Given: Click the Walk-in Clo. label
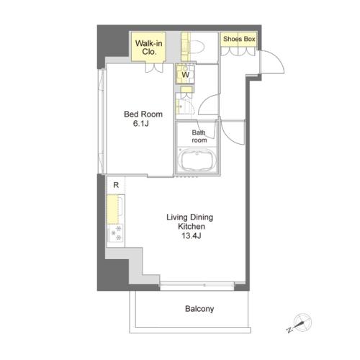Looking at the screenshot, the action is click(149, 48).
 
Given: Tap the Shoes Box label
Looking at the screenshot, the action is click(239, 39).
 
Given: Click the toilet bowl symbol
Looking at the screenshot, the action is click(197, 46).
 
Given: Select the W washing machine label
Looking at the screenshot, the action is click(186, 75).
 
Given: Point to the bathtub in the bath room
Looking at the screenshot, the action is click(197, 160).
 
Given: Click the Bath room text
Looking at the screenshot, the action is click(199, 136).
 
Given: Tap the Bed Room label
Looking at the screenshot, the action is click(143, 114).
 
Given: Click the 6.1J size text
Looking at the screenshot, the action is click(141, 124).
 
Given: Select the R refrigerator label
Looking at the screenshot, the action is click(116, 185).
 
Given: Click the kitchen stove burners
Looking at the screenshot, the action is click(116, 233).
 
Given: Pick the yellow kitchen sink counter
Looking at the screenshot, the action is click(113, 210).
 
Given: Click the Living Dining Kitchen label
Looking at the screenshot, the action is click(190, 222).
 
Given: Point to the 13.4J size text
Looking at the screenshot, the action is click(192, 235).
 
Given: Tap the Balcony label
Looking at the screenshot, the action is click(199, 309).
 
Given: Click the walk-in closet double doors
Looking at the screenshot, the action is click(154, 68).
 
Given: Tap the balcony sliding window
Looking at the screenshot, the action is click(197, 285).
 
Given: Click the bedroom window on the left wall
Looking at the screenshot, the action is click(102, 121).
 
